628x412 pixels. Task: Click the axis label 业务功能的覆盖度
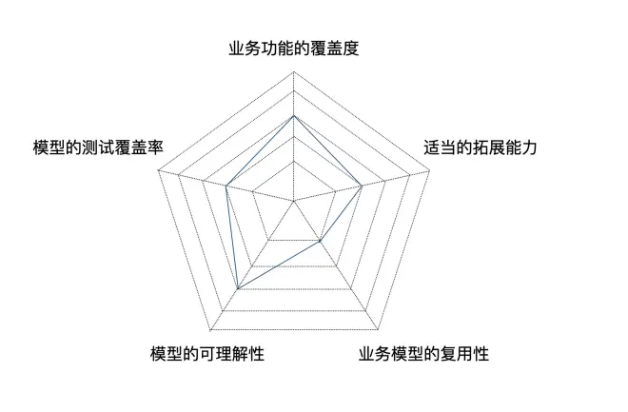coord(294,48)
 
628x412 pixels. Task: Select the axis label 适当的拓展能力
coord(481,147)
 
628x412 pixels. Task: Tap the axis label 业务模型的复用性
coord(423,354)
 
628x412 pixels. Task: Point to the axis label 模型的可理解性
coord(207,354)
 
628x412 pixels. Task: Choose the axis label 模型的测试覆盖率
coord(98,147)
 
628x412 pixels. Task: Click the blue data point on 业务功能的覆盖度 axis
coord(294,116)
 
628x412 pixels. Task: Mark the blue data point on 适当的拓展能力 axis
coord(362,186)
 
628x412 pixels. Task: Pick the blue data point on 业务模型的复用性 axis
coord(320,241)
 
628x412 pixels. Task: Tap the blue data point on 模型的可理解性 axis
coord(238,288)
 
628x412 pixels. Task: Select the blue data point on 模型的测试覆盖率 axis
coord(226,186)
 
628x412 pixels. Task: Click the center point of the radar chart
coord(294,200)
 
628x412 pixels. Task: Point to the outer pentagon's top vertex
coord(294,71)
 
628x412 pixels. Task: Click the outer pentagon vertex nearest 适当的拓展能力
coord(429,171)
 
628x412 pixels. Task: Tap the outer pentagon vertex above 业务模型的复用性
coord(378,330)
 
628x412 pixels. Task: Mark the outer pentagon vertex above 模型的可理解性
coord(210,331)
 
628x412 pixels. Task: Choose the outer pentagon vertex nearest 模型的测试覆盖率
coord(158,171)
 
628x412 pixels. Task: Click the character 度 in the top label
coord(351,48)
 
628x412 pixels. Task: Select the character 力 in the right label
coord(529,147)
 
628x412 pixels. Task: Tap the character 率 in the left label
coord(156,147)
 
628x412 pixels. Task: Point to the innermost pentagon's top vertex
coord(294,162)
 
